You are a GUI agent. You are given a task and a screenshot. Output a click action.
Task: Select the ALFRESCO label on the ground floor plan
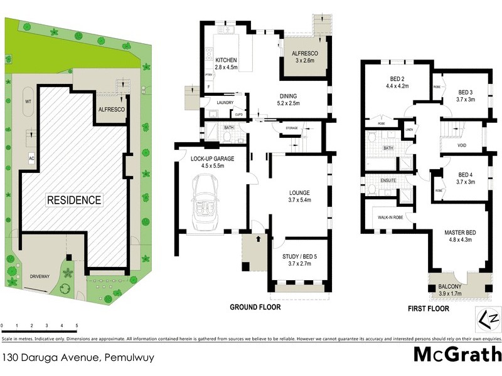(306, 55)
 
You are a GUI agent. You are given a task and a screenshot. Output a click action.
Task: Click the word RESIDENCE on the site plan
(73, 201)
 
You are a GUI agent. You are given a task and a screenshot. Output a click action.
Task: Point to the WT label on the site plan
(28, 101)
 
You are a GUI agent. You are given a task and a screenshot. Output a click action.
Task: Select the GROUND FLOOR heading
(255, 308)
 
